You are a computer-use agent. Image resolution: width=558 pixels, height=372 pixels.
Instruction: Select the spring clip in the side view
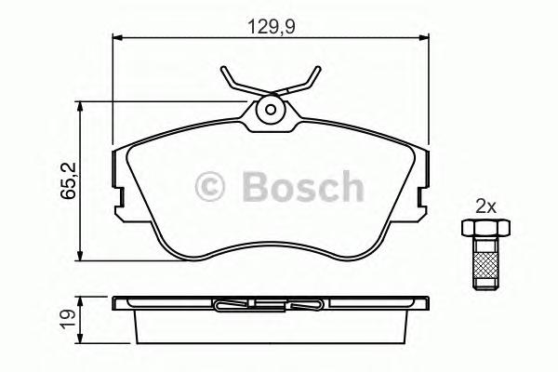(270, 304)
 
